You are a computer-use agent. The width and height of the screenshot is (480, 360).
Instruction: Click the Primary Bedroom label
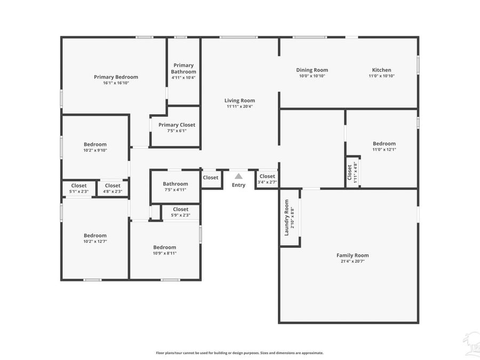click(x=116, y=77)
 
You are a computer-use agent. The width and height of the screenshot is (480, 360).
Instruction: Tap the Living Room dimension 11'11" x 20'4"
click(x=239, y=107)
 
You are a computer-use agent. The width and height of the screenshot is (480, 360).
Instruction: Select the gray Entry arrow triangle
click(x=238, y=176)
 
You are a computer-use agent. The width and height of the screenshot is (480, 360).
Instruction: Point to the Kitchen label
click(x=381, y=70)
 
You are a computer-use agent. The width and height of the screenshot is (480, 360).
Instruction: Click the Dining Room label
click(x=312, y=70)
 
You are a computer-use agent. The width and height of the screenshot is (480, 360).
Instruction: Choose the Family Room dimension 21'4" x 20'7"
click(x=353, y=261)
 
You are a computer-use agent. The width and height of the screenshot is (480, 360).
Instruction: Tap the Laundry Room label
click(x=286, y=218)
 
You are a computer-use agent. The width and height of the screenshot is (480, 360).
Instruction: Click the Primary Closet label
click(x=177, y=125)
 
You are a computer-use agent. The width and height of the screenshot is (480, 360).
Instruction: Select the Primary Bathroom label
click(x=183, y=68)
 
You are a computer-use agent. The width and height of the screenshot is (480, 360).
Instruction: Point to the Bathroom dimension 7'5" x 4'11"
click(x=175, y=190)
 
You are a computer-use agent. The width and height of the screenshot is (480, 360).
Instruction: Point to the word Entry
click(x=238, y=185)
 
